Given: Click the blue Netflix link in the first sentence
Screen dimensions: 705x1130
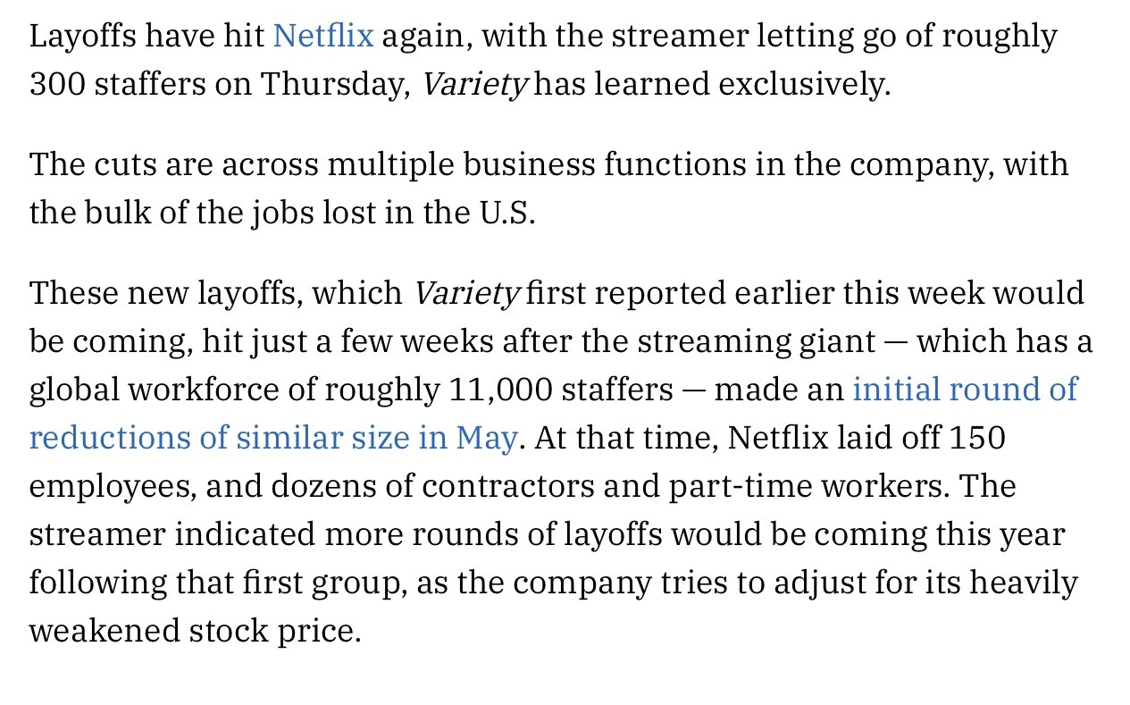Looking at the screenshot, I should coord(322,36).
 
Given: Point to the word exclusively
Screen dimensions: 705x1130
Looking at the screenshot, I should coord(804,84).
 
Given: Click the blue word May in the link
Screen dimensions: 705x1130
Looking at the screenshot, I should coord(486,438).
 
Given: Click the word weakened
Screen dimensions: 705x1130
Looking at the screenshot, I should coord(104,631).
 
